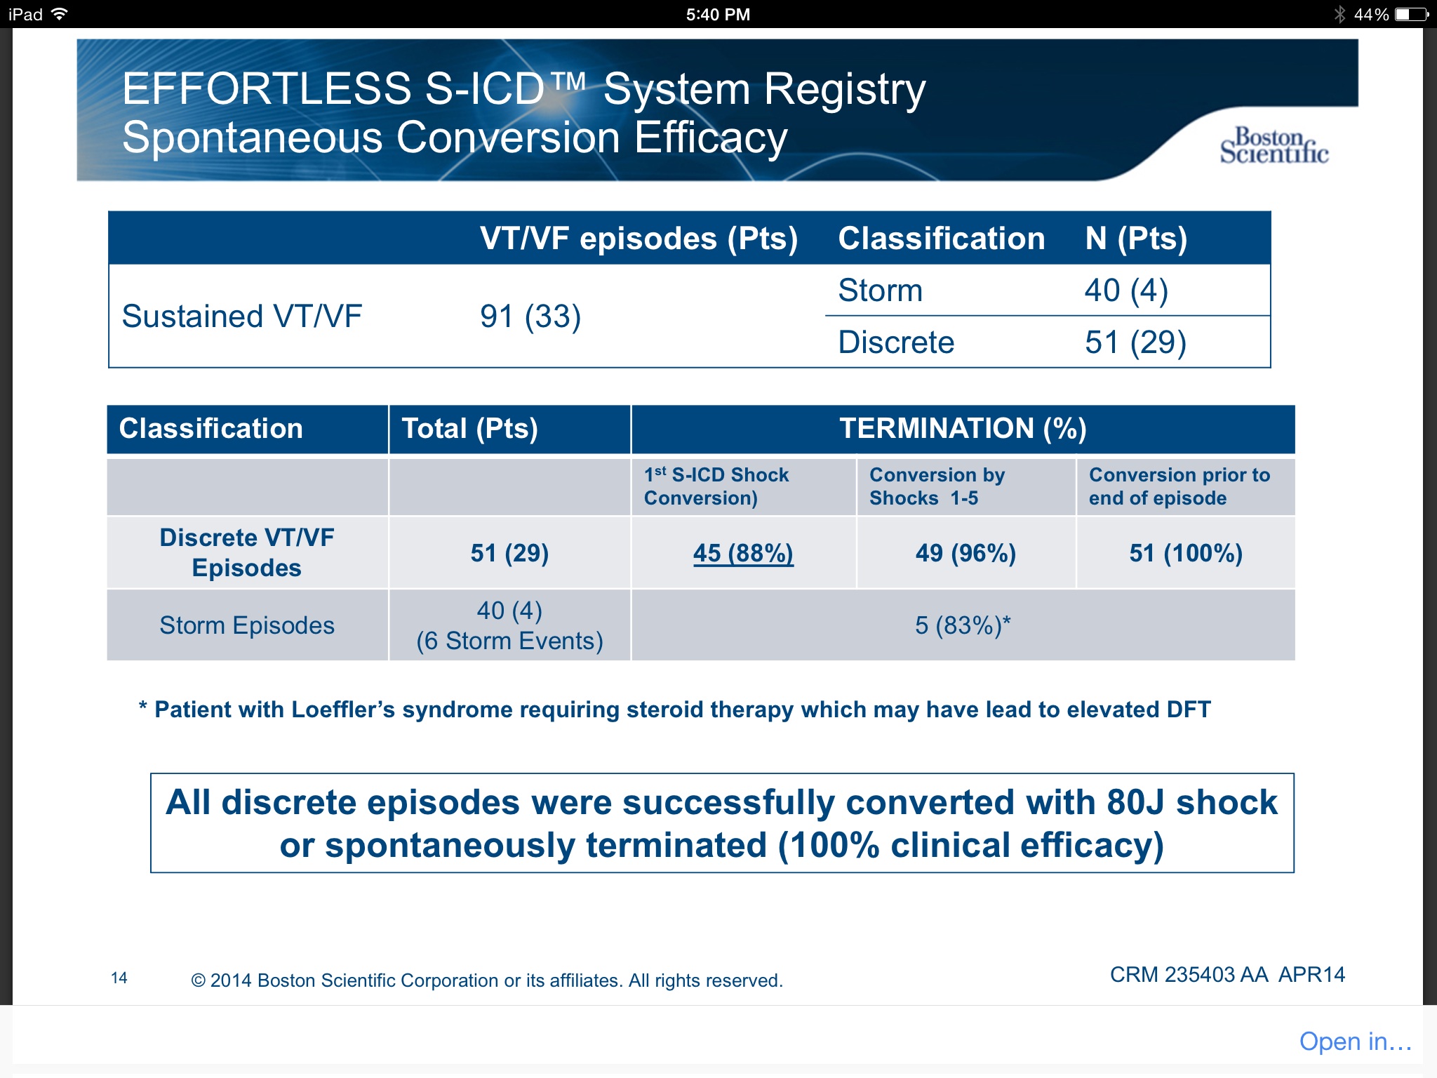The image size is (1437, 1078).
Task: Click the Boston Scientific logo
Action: coord(1274,146)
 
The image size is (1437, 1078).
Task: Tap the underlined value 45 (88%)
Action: coord(743,553)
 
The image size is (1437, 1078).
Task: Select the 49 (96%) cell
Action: coord(965,553)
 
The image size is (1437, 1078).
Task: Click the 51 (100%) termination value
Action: coord(1186,553)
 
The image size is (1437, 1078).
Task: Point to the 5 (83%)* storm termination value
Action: coord(963,625)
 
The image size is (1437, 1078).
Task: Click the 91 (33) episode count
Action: coord(530,317)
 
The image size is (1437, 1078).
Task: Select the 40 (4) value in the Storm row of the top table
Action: coord(1126,291)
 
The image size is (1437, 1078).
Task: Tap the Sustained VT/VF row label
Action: coord(242,317)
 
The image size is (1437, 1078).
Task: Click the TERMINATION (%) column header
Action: coord(963,428)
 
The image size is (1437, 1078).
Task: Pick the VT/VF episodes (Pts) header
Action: coord(639,239)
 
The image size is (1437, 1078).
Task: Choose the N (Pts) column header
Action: coord(1136,239)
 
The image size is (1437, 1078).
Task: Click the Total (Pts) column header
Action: coord(469,428)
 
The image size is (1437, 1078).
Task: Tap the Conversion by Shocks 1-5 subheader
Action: coord(937,486)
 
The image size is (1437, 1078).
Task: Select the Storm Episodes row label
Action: coord(247,625)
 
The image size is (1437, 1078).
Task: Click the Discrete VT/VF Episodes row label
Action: coord(247,552)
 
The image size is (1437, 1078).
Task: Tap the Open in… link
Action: coord(1355,1042)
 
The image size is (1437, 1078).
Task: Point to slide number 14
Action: coord(119,978)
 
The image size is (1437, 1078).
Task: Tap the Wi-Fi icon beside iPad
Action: coord(60,14)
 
